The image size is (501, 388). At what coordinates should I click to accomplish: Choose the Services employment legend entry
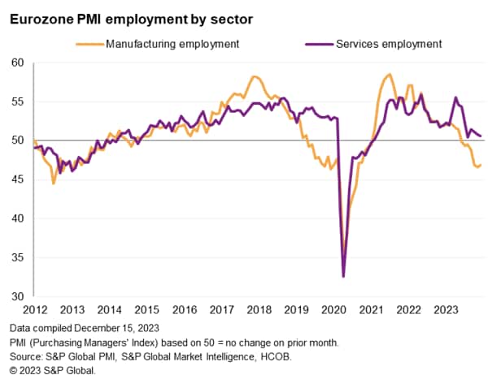tap(388, 44)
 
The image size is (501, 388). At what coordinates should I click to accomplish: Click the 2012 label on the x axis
tap(34, 309)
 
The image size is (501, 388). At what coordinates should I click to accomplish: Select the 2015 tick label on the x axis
tap(146, 309)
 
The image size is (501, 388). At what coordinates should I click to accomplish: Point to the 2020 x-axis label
tap(333, 309)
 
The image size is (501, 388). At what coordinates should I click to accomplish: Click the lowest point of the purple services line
tap(343, 277)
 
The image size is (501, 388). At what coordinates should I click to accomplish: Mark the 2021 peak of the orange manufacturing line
tap(390, 75)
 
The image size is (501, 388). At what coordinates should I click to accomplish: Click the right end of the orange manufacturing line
tap(481, 165)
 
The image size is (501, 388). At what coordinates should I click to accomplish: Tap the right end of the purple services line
tap(481, 136)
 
